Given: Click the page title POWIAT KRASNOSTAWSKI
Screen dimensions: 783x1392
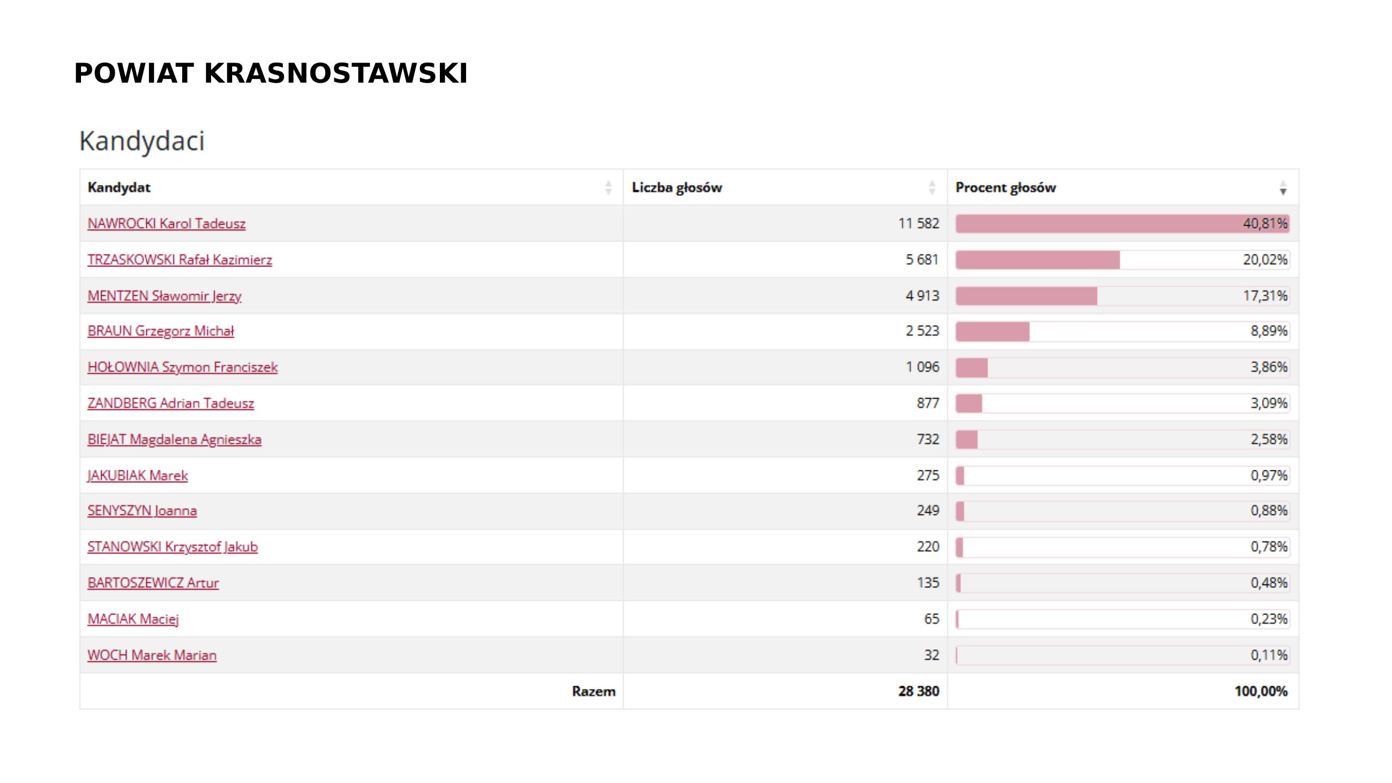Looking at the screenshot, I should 271,73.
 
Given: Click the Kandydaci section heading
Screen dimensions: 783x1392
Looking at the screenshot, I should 142,141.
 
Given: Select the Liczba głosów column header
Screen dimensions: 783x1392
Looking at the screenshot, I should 676,188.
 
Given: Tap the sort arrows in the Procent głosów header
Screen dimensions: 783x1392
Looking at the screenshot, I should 1283,188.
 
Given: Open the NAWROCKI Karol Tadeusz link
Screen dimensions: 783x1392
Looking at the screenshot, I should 166,223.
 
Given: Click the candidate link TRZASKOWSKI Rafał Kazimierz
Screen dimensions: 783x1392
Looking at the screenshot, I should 179,260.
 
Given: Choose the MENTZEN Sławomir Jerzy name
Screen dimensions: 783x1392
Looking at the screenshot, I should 164,296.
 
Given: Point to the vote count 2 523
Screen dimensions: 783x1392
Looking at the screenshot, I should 922,331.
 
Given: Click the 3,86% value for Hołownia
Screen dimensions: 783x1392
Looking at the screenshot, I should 1269,367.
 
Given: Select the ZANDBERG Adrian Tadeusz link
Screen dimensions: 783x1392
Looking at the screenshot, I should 171,403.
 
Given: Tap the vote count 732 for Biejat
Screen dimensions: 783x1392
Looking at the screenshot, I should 928,439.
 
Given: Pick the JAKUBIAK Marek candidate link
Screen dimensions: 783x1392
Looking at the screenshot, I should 138,475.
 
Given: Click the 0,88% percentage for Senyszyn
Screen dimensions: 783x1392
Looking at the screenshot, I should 1269,511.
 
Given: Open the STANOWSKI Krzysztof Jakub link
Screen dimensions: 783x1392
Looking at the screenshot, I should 172,546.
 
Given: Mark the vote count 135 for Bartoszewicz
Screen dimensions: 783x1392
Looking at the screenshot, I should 928,583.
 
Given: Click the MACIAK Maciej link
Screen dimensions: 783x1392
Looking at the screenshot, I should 133,619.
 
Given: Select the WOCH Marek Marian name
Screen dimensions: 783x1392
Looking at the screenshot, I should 152,655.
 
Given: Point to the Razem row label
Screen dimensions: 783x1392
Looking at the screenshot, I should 593,691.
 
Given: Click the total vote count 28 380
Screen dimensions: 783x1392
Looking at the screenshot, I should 918,691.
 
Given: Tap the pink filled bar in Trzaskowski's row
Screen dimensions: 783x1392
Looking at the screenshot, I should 1037,260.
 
